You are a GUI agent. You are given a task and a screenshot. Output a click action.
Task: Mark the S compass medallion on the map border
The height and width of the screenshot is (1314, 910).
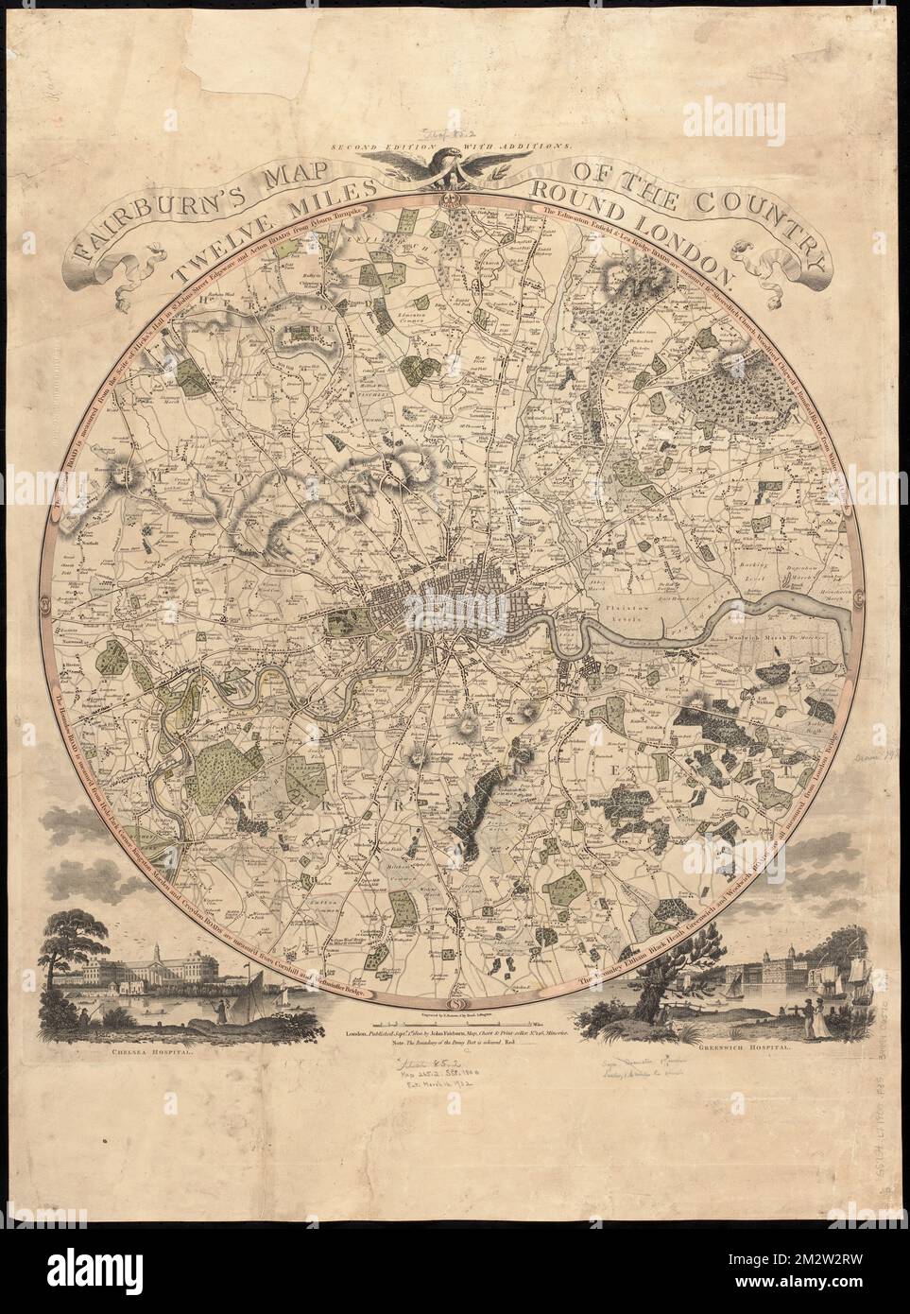pyautogui.click(x=454, y=1002)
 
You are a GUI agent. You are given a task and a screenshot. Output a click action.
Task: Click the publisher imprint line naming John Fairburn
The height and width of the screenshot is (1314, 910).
pyautogui.click(x=454, y=1036)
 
